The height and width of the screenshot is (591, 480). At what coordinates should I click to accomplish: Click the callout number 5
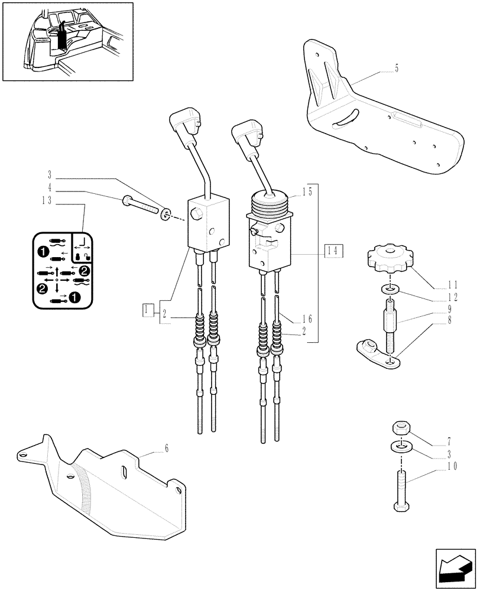click(x=397, y=69)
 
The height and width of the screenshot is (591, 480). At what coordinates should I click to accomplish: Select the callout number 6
click(x=167, y=449)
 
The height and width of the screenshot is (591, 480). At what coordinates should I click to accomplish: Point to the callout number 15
click(x=306, y=192)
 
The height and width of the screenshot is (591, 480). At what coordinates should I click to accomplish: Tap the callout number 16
click(x=306, y=319)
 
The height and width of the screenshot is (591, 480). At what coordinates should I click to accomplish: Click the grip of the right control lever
click(x=248, y=133)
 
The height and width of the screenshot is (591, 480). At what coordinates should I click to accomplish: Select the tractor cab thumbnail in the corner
click(x=67, y=41)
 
